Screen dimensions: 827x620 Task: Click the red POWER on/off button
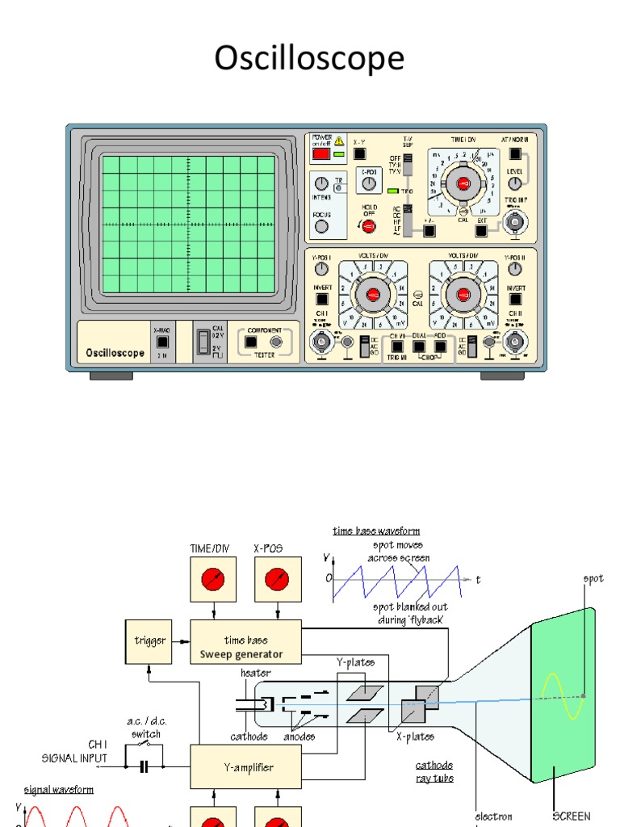(320, 153)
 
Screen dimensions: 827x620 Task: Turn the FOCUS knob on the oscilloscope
(321, 227)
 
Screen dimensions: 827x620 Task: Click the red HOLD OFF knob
(367, 227)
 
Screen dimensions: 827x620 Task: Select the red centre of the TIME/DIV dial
(463, 185)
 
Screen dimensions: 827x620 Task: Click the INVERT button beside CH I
(322, 300)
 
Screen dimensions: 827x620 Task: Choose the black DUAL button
(419, 345)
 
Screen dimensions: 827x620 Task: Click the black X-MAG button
(162, 342)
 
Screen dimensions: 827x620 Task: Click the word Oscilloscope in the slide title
(309, 58)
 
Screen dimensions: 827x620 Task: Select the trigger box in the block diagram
(149, 640)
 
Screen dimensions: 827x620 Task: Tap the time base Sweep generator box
(245, 641)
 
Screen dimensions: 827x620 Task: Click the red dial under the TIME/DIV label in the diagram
(212, 580)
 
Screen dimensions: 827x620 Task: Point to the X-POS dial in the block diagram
(276, 580)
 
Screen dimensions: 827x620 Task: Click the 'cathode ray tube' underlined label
(434, 771)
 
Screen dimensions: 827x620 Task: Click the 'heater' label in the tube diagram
(256, 673)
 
